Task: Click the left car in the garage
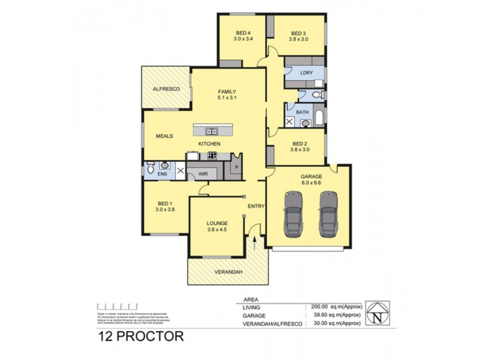click(294, 214)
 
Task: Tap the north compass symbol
click(377, 313)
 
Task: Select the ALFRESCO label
click(163, 88)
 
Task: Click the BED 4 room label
click(243, 34)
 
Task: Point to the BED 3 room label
click(299, 34)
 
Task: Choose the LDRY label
click(306, 73)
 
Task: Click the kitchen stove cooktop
click(212, 156)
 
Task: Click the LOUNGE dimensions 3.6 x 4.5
click(217, 230)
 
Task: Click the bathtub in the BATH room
click(318, 116)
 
